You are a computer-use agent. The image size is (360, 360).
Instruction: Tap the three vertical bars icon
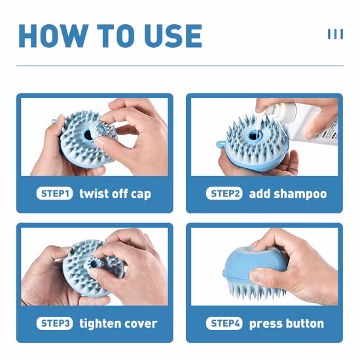click(334, 34)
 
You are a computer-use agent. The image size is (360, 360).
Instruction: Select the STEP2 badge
click(225, 194)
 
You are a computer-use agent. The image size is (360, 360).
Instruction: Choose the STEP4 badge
click(225, 323)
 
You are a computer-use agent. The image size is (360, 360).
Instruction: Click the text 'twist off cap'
click(115, 194)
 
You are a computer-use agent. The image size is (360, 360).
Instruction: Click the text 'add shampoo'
click(287, 194)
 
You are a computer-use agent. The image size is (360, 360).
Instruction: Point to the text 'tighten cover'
click(118, 323)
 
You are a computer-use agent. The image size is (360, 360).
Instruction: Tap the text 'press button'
click(286, 323)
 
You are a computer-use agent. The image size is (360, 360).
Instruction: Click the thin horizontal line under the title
click(179, 66)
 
